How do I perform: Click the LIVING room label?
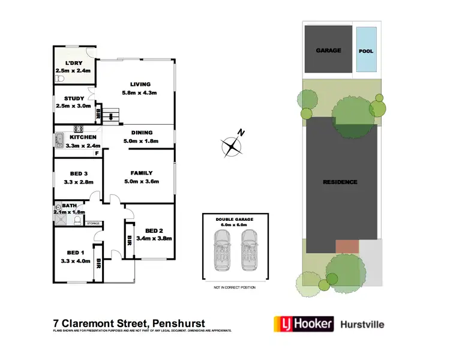[140, 84]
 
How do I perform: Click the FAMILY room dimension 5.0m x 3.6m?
[142, 182]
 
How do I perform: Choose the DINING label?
[142, 133]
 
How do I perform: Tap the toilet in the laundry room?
[59, 79]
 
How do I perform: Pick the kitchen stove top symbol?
[78, 128]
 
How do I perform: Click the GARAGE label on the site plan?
[328, 51]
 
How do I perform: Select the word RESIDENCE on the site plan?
[340, 182]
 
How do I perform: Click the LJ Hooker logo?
[303, 324]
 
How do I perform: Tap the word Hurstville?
[362, 325]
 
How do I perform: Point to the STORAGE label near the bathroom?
[93, 223]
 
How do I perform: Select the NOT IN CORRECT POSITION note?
[234, 287]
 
